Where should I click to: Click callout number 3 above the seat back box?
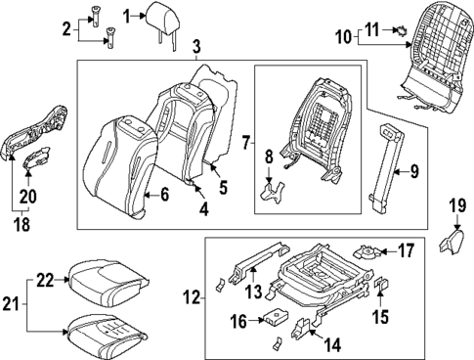pyautogui.click(x=196, y=46)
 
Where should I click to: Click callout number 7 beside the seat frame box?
pyautogui.click(x=246, y=144)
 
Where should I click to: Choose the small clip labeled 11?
pyautogui.click(x=401, y=32)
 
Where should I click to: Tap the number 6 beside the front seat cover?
pyautogui.click(x=163, y=196)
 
